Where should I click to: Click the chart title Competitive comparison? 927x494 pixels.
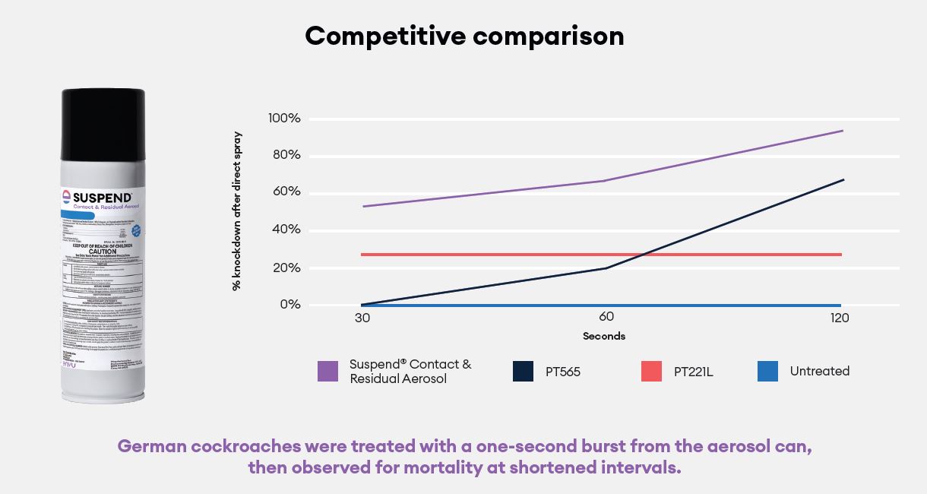tap(464, 36)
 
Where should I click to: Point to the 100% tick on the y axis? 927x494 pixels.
tap(284, 119)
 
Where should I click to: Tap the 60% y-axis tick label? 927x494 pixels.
tap(284, 192)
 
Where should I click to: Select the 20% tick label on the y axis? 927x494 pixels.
tap(284, 268)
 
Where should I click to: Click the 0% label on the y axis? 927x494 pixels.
tap(289, 305)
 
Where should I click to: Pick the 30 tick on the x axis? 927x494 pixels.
tap(362, 318)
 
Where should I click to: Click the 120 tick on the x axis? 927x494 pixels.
tap(840, 318)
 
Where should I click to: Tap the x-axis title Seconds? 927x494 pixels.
tap(604, 336)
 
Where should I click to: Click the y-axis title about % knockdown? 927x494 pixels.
tap(237, 211)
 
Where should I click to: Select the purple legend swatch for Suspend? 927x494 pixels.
tap(327, 372)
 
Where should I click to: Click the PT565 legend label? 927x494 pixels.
tap(562, 372)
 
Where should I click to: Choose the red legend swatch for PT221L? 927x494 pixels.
tap(651, 372)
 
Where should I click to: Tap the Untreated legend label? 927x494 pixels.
tap(819, 371)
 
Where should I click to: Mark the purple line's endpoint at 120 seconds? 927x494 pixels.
tap(842, 131)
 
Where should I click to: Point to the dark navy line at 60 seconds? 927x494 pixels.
tap(606, 268)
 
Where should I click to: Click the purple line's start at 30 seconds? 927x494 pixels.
tap(364, 206)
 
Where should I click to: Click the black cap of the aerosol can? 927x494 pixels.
tap(103, 125)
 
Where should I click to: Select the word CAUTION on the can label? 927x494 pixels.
tap(102, 252)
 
